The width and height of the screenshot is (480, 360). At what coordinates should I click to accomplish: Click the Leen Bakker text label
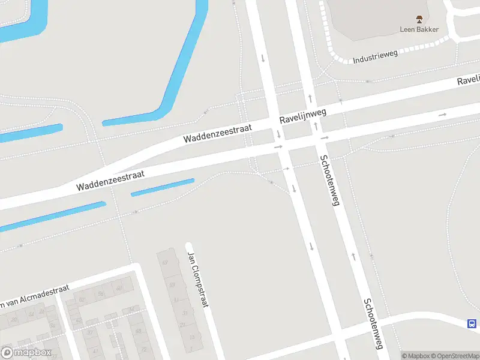coord(419,29)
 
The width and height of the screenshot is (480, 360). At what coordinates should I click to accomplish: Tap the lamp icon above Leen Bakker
coord(419,19)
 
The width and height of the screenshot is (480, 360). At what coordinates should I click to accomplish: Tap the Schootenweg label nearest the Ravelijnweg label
coord(329,180)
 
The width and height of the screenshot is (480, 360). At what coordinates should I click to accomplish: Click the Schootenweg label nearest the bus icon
coord(373,323)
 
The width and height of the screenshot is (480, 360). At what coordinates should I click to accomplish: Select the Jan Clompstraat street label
coord(197,279)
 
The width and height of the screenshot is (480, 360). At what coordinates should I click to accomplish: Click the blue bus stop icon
coord(472,324)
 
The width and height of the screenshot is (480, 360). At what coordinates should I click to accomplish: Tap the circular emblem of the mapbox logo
coord(8,352)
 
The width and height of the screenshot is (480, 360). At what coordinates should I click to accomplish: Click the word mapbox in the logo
coord(33,352)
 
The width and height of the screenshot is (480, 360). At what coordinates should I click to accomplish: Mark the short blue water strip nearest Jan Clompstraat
coord(163,187)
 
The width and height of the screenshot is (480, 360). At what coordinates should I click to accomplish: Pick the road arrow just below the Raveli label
coord(443,114)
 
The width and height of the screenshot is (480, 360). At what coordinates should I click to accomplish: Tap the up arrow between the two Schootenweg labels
coord(353,256)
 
